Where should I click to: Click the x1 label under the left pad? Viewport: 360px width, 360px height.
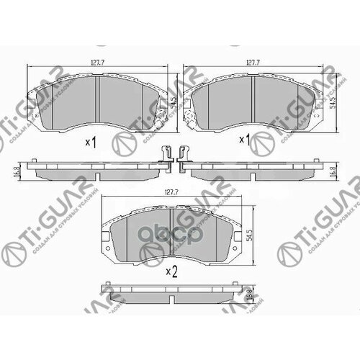click(90, 141)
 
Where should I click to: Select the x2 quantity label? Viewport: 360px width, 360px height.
click(171, 271)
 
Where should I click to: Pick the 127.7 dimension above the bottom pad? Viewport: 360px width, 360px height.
click(171, 192)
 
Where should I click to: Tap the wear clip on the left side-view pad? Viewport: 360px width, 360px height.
click(166, 155)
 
